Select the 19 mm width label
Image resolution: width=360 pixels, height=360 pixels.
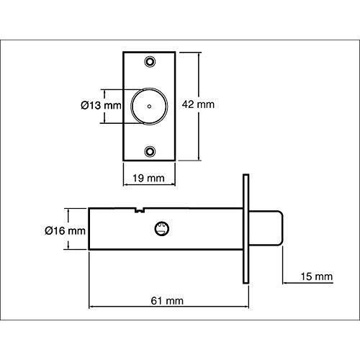(149, 179)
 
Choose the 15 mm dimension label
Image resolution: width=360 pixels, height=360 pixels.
(317, 276)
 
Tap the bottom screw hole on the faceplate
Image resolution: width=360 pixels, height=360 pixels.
(150, 151)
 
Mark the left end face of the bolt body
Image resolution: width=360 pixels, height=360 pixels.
(89, 229)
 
